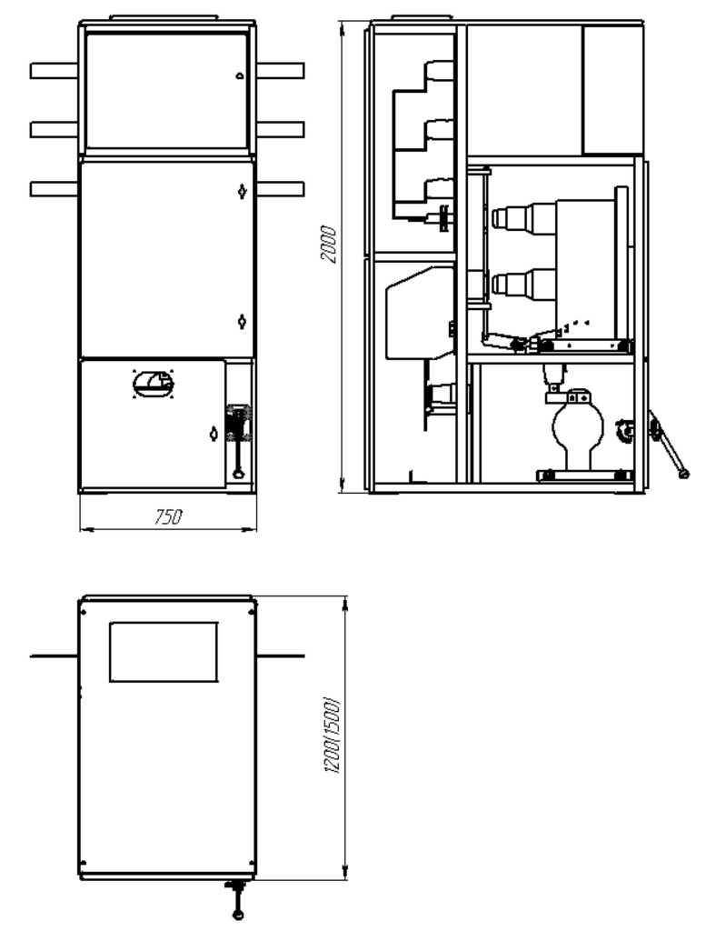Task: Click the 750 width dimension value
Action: tap(168, 517)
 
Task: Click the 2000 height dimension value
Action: tap(328, 244)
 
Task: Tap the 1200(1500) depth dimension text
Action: tap(334, 736)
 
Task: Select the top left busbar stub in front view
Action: tap(54, 71)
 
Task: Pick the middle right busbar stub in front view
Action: tap(281, 129)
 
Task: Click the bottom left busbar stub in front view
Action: tap(54, 189)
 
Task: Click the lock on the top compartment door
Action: tap(240, 75)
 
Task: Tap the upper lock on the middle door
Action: tap(242, 191)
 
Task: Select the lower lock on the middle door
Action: tap(242, 321)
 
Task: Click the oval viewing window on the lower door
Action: tap(154, 383)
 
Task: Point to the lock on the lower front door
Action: tap(214, 434)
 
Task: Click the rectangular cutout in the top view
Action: tap(164, 651)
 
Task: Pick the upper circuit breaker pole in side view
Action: tap(524, 216)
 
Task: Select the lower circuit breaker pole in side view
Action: tap(524, 283)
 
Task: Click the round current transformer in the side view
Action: tap(578, 426)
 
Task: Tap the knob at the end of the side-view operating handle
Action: tap(683, 473)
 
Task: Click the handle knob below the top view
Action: tap(238, 915)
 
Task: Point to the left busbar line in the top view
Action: tap(54, 656)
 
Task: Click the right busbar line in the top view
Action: tap(281, 656)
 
